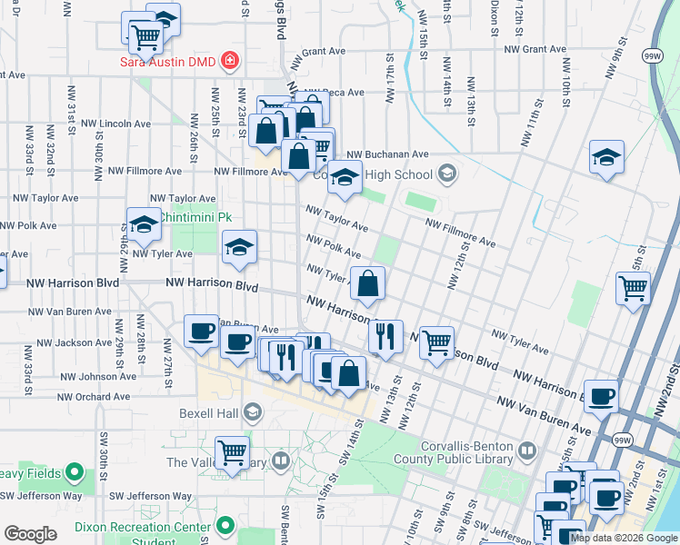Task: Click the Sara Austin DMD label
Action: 171,61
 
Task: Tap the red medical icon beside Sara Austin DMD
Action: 231,61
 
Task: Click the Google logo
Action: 31,534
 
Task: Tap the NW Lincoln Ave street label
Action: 115,124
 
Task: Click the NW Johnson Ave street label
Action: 97,376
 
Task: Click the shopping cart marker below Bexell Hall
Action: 232,451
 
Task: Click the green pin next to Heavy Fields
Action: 75,473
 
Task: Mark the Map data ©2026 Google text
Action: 624,538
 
